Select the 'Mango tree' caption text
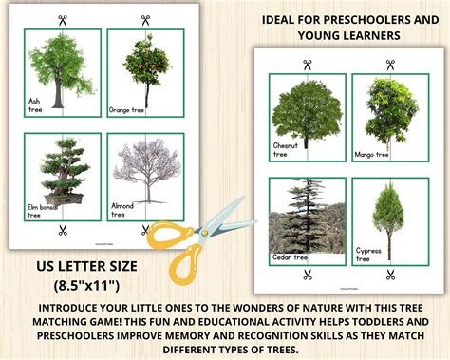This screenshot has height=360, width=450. tap(370, 154)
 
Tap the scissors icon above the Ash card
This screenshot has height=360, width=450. tap(62, 19)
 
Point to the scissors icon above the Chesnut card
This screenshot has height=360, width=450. tap(308, 66)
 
